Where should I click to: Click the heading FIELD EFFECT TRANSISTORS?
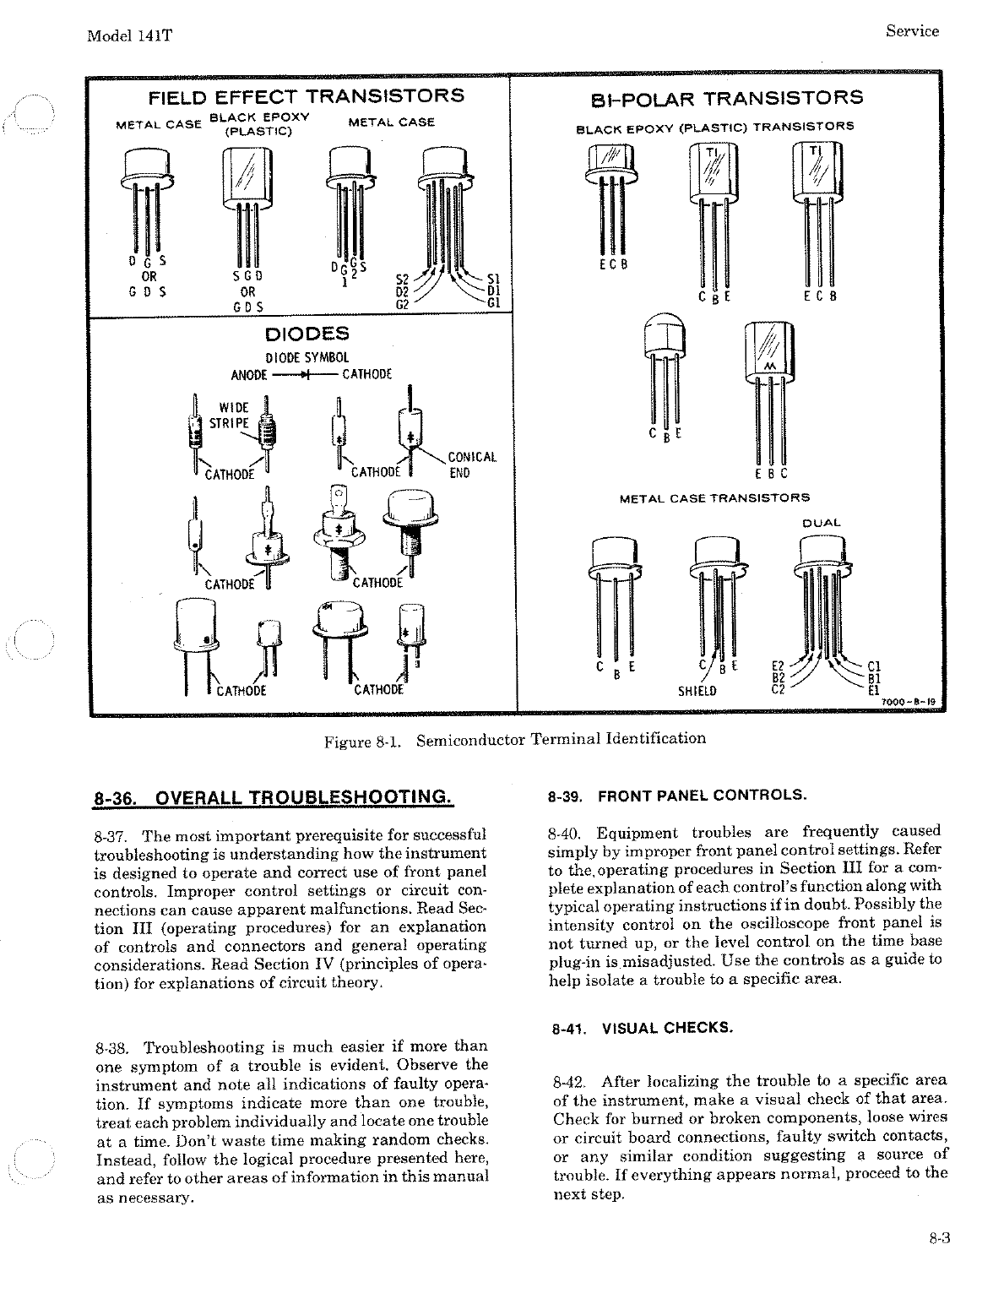coord(306,95)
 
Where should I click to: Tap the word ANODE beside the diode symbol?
coord(249,374)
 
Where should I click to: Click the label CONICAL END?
coord(471,465)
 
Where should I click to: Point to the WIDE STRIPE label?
coord(229,416)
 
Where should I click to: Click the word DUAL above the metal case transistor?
coord(821,523)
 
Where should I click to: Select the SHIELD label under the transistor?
coord(697,692)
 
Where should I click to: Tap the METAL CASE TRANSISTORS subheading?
coord(714,498)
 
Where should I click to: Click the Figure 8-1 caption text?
coord(515,740)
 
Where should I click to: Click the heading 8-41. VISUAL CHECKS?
coord(642,1029)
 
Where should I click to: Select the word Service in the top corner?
coord(912,31)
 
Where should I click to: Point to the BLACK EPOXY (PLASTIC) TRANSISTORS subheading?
coord(714,128)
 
